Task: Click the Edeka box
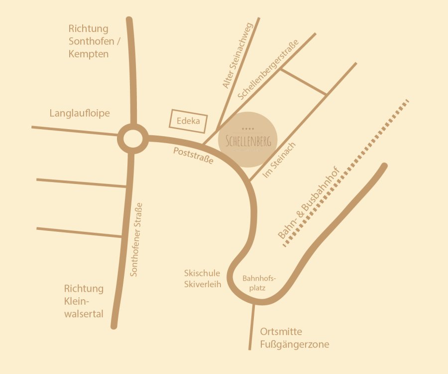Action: (188, 121)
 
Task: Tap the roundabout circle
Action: (132, 139)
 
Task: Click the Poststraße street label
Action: (193, 156)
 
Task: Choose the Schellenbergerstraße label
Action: (268, 70)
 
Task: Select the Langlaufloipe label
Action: (80, 114)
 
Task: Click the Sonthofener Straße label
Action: (136, 239)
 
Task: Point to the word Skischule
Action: (202, 273)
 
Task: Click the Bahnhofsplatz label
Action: (259, 283)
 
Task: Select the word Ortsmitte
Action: (281, 332)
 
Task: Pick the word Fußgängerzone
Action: (295, 345)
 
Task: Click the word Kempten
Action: (89, 54)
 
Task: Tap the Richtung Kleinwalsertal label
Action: (84, 301)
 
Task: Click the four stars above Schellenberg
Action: (248, 129)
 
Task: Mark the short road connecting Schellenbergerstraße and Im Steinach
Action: (303, 81)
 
